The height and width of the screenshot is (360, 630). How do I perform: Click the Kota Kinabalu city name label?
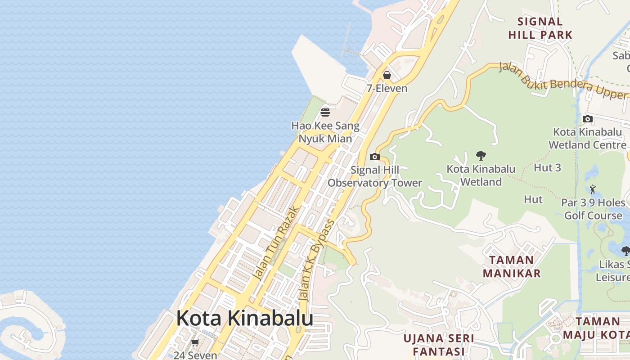[244, 319]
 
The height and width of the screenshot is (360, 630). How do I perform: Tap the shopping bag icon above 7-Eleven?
[387, 75]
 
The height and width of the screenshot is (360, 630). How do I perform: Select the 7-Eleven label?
[387, 88]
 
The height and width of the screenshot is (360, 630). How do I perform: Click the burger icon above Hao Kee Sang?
[325, 112]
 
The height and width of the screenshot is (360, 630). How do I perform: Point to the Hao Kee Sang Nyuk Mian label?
[325, 132]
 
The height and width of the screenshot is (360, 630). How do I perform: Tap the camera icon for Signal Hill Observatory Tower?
[374, 157]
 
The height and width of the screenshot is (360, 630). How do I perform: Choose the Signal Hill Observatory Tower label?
[374, 177]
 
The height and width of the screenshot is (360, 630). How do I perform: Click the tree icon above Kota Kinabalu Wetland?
[481, 156]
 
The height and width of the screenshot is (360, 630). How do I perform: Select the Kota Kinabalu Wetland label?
[481, 175]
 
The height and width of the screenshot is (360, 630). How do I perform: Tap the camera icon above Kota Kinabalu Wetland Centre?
[587, 119]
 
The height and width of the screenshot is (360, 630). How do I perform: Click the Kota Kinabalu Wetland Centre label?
[587, 139]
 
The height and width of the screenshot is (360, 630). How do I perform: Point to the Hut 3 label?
[547, 168]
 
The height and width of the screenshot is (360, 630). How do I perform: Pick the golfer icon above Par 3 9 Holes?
[593, 189]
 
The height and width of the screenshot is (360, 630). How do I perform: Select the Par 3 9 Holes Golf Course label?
[593, 209]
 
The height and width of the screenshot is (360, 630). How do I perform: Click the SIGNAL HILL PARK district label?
[540, 28]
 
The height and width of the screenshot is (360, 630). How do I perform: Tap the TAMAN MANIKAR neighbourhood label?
[512, 266]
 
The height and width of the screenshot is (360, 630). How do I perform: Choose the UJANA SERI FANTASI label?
[439, 344]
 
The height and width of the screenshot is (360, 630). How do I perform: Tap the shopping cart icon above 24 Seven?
[195, 343]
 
